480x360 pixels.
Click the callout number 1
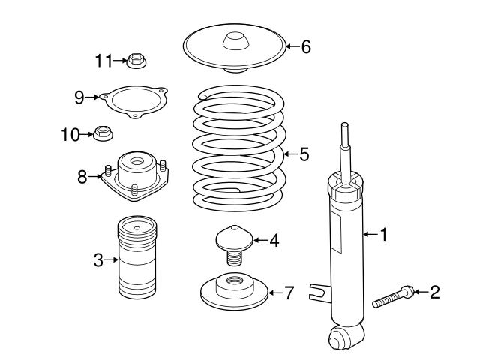(382, 235)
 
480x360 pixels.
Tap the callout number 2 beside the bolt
(434, 292)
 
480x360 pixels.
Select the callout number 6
(305, 46)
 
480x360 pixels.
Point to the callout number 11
(103, 59)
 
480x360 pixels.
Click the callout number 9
(79, 97)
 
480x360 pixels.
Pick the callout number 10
(69, 135)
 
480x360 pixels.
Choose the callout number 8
(82, 177)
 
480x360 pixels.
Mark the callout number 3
(98, 260)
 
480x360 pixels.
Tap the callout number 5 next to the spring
(304, 155)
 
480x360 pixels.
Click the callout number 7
(290, 292)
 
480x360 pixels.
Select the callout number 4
(274, 241)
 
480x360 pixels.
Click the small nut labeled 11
(134, 58)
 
